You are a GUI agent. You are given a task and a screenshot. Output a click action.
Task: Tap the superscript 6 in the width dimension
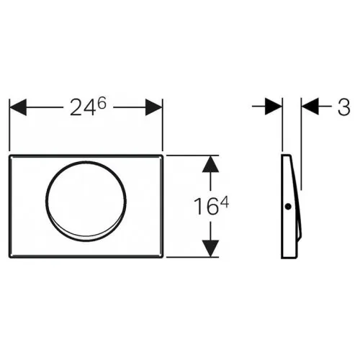[x=102, y=104]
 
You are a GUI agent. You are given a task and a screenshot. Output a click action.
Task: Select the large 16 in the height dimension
[x=206, y=207]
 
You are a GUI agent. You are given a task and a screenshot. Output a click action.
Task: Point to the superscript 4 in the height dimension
[x=225, y=205]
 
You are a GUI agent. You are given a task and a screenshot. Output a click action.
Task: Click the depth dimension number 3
[x=344, y=107]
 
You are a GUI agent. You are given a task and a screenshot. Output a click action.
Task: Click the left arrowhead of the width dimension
[x=18, y=107]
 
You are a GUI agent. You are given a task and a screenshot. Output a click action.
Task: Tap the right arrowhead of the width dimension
[x=154, y=107]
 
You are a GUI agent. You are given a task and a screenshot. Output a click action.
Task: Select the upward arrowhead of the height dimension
[x=210, y=164]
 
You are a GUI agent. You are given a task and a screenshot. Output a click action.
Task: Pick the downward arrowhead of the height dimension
[x=210, y=248]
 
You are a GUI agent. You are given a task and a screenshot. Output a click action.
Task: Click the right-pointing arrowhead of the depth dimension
[x=274, y=106]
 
